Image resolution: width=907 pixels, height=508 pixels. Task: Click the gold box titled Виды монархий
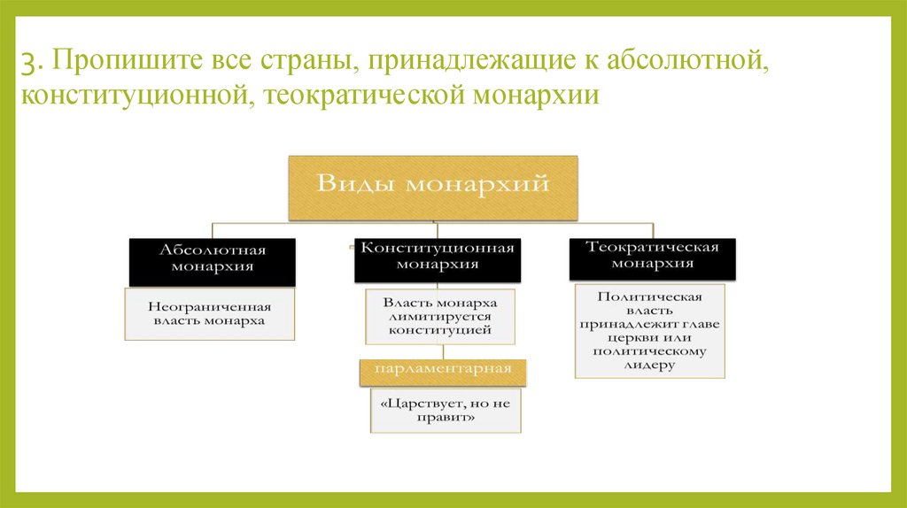(433, 188)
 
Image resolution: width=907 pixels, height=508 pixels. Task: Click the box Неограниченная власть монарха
(210, 315)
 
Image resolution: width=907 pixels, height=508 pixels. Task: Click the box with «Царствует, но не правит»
(446, 411)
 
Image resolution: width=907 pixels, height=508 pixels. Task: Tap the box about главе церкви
(650, 331)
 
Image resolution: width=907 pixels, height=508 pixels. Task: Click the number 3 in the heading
(32, 64)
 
